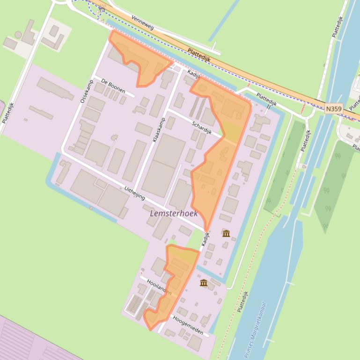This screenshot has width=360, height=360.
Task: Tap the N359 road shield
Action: (x=334, y=108)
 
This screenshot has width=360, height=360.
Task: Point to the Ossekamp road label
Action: (x=84, y=91)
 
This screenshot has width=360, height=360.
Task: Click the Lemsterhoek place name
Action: (x=174, y=213)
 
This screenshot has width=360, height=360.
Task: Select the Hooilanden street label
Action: (x=159, y=287)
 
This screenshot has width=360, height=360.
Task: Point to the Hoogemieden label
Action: (x=188, y=325)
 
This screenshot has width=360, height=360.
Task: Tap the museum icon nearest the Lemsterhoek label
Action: (x=226, y=233)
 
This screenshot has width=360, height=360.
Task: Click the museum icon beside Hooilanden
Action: (x=204, y=283)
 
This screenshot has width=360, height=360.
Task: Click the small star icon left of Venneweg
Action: (x=102, y=9)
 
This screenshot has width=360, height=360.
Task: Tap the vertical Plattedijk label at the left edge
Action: (x=8, y=113)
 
